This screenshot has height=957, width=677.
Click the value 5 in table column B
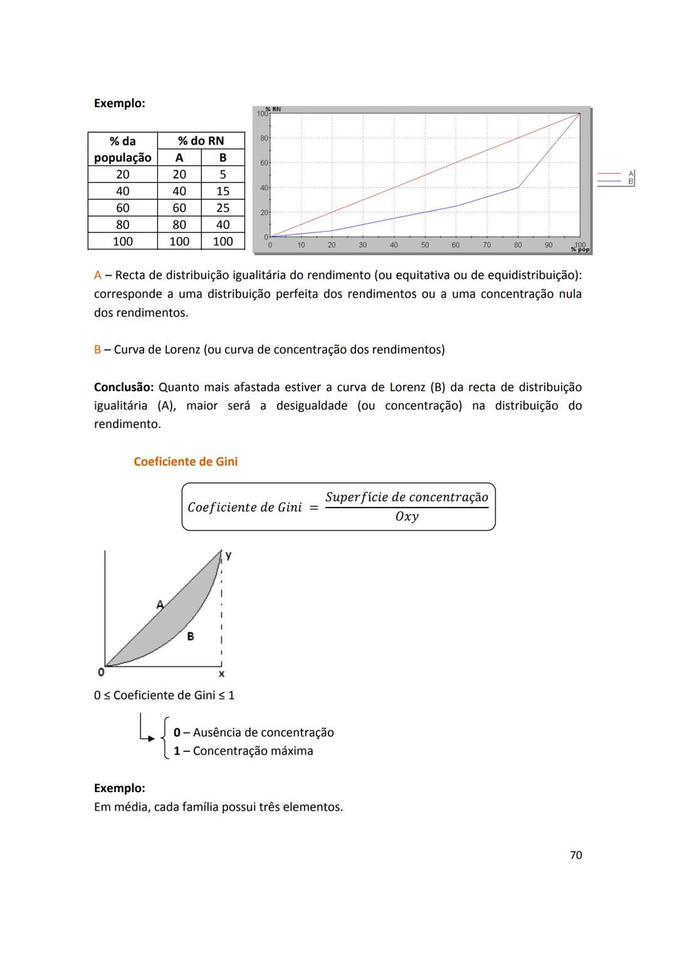coord(223,174)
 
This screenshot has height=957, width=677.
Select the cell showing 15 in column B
coord(223,191)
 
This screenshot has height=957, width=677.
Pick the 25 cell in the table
coord(223,208)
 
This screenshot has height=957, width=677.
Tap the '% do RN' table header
coord(201,141)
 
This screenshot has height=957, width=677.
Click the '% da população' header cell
coord(123,149)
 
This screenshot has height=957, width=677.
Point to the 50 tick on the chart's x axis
coord(425,245)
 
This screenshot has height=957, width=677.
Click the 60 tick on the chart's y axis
coord(264,163)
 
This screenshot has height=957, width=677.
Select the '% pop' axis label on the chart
coord(580,249)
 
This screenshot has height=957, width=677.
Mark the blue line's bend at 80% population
coord(518,187)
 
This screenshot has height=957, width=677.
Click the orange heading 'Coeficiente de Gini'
coord(186,462)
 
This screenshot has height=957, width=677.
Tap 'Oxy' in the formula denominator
coord(407,517)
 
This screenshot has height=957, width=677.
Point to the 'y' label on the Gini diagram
coord(229,555)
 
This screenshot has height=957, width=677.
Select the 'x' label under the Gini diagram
coord(221,674)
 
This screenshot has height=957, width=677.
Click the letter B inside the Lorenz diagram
coord(191,636)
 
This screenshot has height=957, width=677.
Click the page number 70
coord(575,855)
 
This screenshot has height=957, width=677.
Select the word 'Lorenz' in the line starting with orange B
coord(182,350)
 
